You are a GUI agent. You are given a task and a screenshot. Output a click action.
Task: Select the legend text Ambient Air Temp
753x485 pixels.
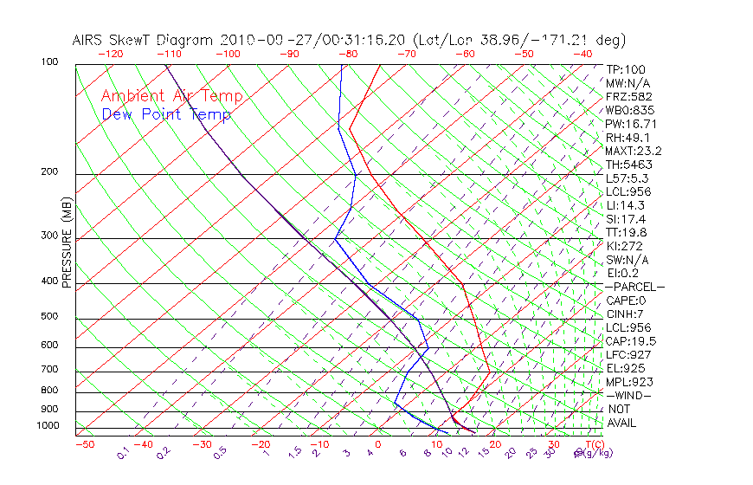[171, 96]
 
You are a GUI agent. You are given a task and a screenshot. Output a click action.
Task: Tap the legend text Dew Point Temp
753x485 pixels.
[166, 114]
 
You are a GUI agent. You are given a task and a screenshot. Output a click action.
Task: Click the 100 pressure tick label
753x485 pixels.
[50, 62]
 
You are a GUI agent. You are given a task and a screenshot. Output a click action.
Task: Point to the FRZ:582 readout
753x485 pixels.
[628, 97]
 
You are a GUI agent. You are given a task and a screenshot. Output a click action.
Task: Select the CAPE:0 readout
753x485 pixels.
[626, 301]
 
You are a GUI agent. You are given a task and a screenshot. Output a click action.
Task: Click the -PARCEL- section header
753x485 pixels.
[634, 287]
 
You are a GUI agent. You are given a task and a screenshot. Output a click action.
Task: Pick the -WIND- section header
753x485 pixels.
[629, 395]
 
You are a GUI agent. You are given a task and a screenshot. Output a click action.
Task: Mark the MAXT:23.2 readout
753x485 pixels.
[634, 151]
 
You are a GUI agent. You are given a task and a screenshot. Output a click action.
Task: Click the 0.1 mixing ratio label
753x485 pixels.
[124, 453]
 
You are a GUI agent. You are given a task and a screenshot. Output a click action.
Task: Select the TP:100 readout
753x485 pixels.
[625, 69]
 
